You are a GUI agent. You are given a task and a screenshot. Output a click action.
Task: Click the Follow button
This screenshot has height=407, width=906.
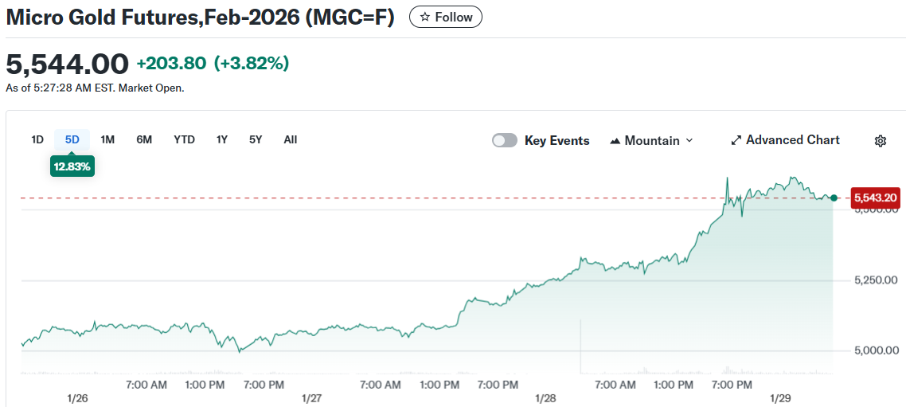(x=445, y=17)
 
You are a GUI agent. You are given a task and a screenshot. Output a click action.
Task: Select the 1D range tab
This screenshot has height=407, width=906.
(x=37, y=139)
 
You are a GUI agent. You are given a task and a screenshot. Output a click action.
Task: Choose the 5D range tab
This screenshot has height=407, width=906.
(x=72, y=139)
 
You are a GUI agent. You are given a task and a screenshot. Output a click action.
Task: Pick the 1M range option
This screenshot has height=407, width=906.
(x=107, y=139)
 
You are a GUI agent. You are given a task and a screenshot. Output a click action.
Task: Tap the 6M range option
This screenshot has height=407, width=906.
(x=144, y=139)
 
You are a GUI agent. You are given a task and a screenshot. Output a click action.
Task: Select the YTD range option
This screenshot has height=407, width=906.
(x=184, y=139)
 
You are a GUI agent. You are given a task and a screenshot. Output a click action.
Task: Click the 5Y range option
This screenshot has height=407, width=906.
(x=256, y=139)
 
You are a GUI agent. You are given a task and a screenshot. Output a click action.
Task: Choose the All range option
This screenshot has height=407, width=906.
(x=291, y=139)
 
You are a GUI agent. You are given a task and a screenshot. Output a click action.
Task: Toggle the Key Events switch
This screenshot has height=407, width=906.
(x=505, y=140)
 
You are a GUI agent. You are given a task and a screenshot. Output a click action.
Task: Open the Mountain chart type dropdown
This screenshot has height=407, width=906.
(x=651, y=140)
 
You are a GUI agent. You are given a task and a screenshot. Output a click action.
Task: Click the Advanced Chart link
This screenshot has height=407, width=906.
(x=785, y=140)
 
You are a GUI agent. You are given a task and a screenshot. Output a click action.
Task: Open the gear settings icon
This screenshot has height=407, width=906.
(x=881, y=141)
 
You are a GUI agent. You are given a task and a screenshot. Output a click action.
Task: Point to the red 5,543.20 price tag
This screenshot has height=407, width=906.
(x=875, y=198)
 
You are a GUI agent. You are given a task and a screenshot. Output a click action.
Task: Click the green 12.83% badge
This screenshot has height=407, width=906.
(x=72, y=166)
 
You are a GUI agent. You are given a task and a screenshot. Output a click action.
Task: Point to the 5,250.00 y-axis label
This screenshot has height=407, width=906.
(x=875, y=280)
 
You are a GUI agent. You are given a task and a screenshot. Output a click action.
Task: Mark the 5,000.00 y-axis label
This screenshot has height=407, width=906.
(x=875, y=350)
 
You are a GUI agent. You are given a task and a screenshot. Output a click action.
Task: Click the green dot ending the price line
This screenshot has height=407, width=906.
(x=834, y=198)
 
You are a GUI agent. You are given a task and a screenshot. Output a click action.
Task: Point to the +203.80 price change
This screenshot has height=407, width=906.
(x=171, y=64)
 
